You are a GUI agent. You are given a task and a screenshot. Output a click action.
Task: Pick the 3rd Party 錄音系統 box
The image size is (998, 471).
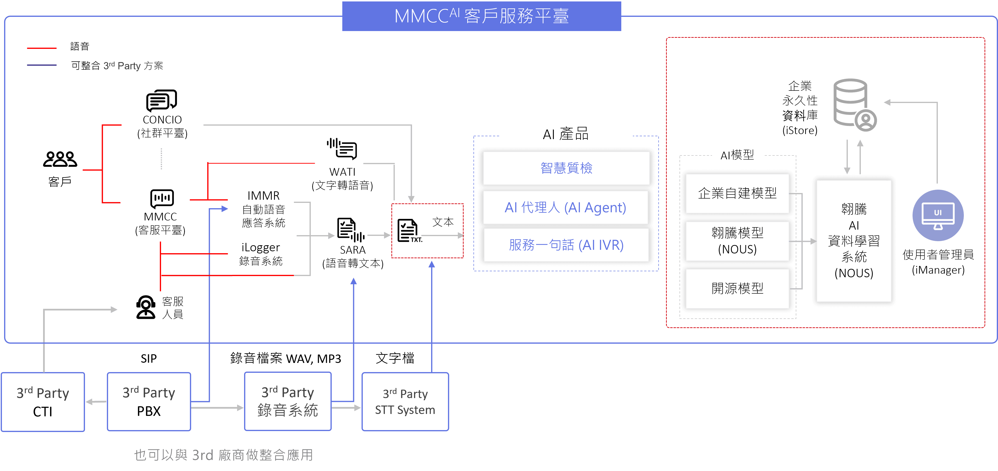click(x=288, y=401)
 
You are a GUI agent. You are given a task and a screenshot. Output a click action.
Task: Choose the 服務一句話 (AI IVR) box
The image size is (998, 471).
click(x=566, y=245)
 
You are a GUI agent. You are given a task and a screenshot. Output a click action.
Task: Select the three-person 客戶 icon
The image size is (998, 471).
click(x=60, y=159)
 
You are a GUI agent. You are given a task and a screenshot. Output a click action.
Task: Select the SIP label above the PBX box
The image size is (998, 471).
click(x=149, y=359)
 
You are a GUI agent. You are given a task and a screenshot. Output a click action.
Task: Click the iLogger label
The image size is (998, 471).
click(x=260, y=247)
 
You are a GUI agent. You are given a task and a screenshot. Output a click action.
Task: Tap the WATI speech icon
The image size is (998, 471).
click(x=342, y=149)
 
